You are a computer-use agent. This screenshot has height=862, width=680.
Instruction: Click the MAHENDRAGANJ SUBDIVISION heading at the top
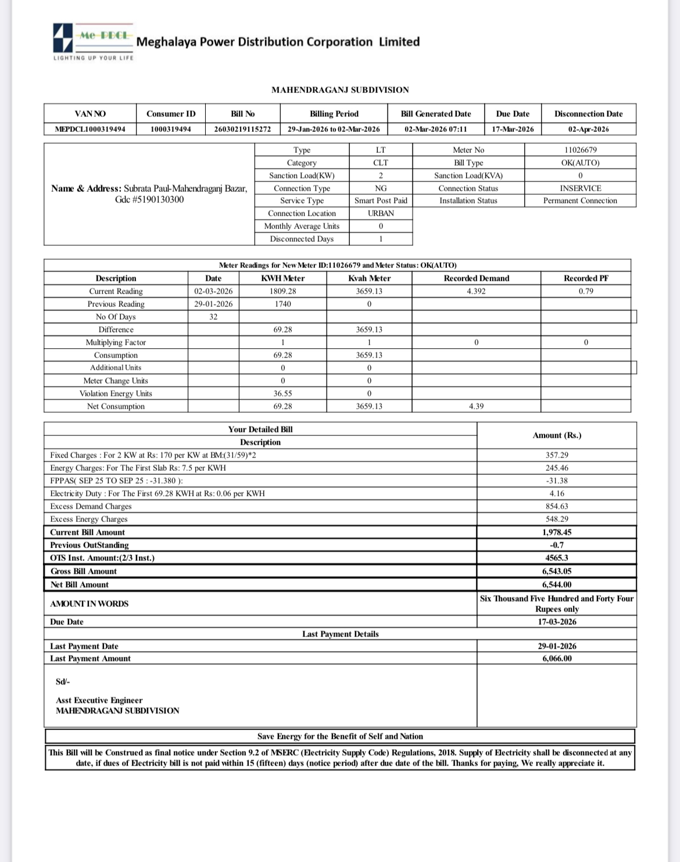pyautogui.click(x=340, y=90)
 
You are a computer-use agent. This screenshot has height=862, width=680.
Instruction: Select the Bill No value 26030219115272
pyautogui.click(x=242, y=129)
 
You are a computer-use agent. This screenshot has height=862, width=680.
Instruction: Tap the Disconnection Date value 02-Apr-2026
pyautogui.click(x=588, y=129)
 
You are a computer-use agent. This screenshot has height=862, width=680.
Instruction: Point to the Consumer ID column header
pyautogui.click(x=171, y=114)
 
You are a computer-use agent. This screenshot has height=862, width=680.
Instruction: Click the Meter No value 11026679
pyautogui.click(x=580, y=150)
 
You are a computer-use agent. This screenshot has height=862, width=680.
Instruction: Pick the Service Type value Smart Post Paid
pyautogui.click(x=381, y=201)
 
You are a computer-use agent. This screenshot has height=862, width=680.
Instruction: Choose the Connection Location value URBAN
pyautogui.click(x=381, y=213)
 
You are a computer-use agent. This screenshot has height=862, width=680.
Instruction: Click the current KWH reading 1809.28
pyautogui.click(x=282, y=291)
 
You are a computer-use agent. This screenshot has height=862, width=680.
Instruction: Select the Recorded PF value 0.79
pyautogui.click(x=586, y=291)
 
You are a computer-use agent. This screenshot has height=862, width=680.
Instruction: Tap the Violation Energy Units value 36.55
pyautogui.click(x=282, y=394)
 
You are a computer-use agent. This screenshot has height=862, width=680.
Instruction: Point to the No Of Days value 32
pyautogui.click(x=213, y=317)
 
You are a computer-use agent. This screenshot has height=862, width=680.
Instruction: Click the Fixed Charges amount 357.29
pyautogui.click(x=557, y=455)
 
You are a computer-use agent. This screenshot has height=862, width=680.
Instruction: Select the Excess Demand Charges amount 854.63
pyautogui.click(x=557, y=506)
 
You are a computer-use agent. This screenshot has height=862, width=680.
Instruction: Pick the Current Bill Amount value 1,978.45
pyautogui.click(x=557, y=532)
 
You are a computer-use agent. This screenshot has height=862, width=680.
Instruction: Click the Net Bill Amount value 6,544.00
pyautogui.click(x=557, y=585)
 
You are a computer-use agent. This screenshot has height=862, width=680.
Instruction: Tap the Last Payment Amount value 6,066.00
pyautogui.click(x=557, y=659)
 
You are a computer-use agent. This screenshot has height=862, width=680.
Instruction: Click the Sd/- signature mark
pyautogui.click(x=63, y=681)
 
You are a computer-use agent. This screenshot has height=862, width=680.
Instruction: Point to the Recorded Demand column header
pyautogui.click(x=476, y=278)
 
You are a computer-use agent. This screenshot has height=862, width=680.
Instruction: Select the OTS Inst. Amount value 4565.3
pyautogui.click(x=557, y=558)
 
